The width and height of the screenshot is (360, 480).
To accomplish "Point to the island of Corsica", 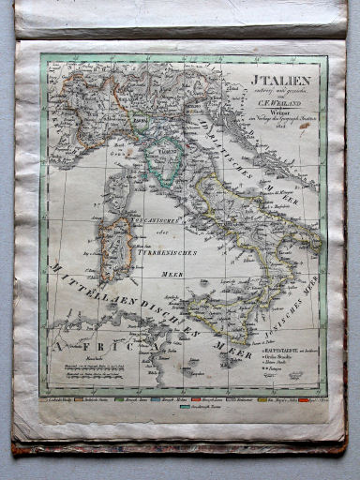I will [x=118, y=188].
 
